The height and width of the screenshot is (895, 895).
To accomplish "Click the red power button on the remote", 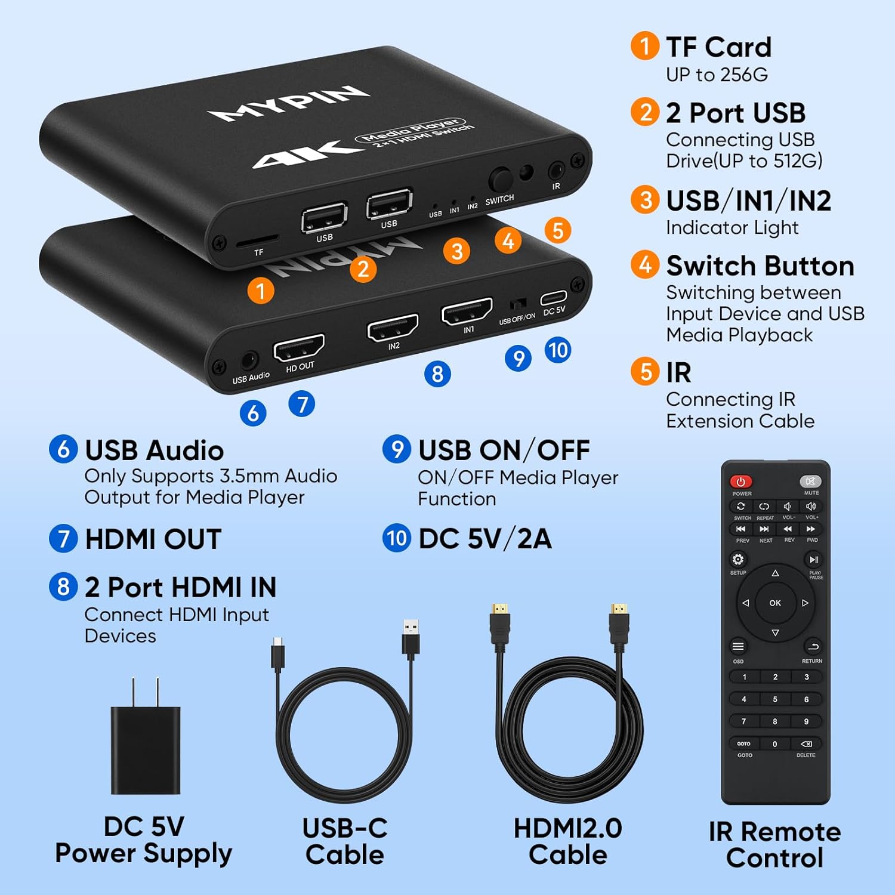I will (740, 482).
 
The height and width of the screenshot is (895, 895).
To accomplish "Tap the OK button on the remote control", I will (774, 603).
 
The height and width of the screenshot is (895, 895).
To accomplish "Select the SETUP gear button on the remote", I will (738, 560).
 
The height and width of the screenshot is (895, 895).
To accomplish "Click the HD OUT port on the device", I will (298, 348).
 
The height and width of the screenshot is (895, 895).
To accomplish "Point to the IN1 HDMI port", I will (467, 311).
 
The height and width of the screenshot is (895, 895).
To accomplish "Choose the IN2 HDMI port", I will (392, 327).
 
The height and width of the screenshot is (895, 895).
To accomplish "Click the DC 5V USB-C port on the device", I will (553, 298).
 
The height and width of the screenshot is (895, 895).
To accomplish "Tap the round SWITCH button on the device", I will (500, 180).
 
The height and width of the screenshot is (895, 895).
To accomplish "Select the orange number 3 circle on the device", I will (457, 251).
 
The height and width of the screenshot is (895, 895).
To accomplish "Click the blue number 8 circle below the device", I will (437, 374).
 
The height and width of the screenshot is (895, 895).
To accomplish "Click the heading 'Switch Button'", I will (760, 266).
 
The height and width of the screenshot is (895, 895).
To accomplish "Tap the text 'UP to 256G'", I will (717, 75).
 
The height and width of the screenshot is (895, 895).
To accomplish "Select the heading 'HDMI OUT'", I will (153, 539).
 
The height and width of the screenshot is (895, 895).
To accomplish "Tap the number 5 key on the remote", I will (774, 699).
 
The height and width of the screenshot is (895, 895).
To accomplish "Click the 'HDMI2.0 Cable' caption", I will (567, 841).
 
